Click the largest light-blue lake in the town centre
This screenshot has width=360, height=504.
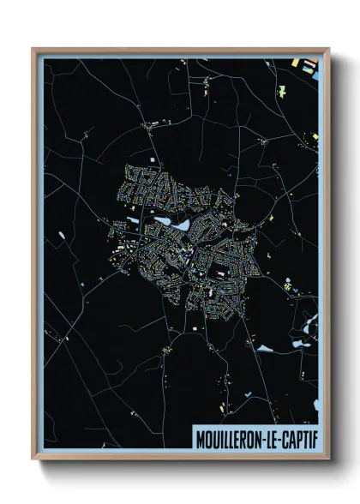pos(183,224)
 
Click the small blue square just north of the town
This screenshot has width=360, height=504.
pos(156,160)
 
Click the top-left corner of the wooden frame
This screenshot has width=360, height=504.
pos(33,49)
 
